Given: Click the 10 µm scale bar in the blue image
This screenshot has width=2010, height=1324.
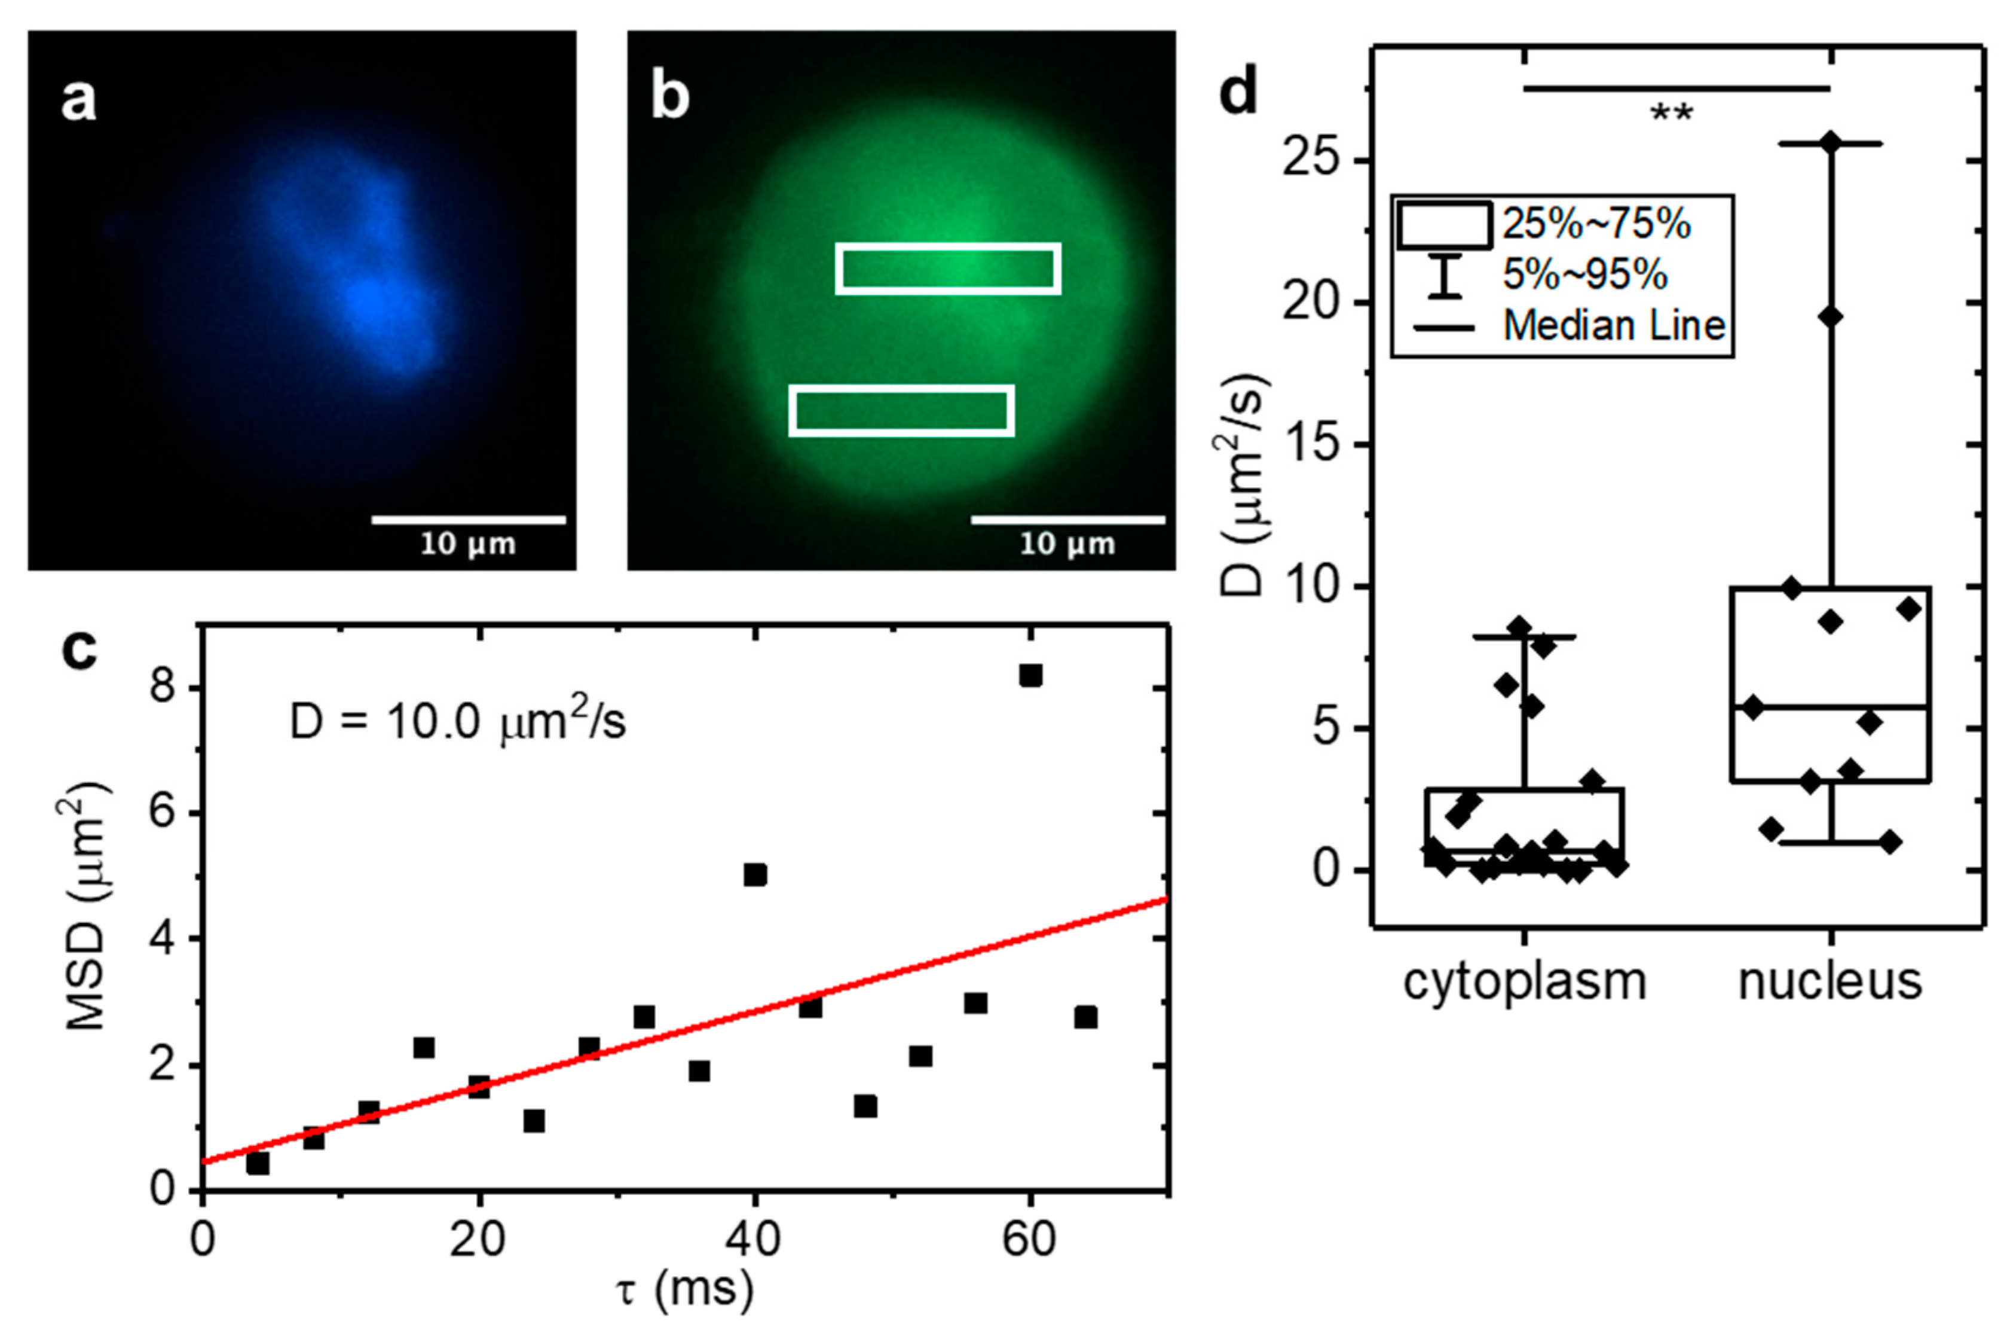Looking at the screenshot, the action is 469,520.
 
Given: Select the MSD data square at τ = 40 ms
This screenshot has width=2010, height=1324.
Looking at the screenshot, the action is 755,874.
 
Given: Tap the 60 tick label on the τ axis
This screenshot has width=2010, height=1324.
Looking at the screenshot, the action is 1029,1240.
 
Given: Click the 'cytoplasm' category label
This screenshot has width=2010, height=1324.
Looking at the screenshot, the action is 1525,982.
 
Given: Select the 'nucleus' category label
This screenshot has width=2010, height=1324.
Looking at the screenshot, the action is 1830,982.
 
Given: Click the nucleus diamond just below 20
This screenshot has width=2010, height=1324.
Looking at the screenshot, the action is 1830,317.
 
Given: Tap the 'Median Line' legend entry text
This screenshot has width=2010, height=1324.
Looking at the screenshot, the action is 1614,325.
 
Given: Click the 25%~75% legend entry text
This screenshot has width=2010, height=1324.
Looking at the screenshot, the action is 1595,225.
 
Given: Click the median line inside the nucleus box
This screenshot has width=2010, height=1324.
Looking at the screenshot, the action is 1830,706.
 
